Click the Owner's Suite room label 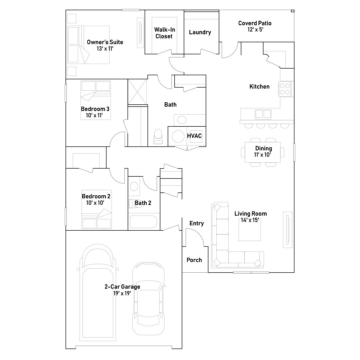105,42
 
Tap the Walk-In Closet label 164,33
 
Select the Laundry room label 200,32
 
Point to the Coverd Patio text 255,23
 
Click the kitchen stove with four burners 285,89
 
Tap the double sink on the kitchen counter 263,114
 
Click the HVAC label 194,136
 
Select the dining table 263,152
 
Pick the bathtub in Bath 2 143,222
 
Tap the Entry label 197,223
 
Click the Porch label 194,260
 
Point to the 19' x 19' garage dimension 122,293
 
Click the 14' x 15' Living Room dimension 250,220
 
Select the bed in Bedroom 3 96,100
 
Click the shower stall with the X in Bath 137,92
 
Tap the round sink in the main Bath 182,120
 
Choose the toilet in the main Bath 158,137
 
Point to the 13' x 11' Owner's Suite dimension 105,49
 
